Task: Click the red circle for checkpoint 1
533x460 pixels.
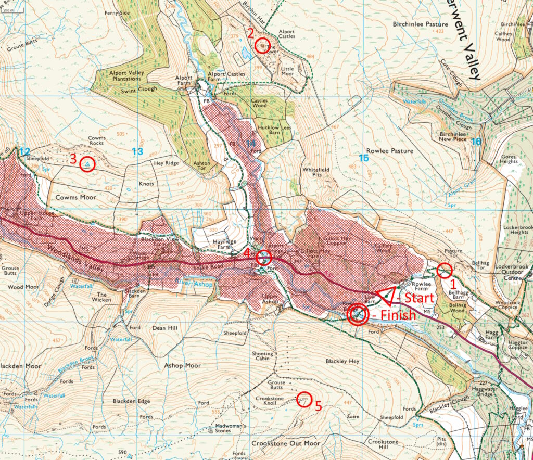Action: coord(444,271)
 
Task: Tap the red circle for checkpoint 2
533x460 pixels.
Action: coord(263,45)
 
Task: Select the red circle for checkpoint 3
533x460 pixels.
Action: coord(87,164)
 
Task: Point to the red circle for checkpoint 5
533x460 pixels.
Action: coord(304,400)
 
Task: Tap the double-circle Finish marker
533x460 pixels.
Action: coord(357,314)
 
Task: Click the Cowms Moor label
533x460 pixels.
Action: coord(71,198)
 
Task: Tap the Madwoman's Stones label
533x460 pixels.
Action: coord(230,428)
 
